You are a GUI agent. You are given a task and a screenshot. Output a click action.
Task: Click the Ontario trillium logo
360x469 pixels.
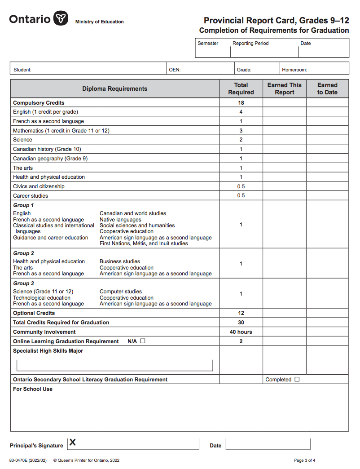(61, 19)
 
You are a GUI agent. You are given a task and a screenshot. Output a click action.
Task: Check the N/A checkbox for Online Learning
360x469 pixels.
(143, 341)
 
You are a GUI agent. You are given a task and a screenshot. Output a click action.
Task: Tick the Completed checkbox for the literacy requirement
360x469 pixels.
(297, 379)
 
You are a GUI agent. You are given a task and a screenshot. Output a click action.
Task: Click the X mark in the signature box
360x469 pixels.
(73, 442)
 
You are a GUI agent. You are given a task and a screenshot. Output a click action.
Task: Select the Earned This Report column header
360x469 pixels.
(284, 88)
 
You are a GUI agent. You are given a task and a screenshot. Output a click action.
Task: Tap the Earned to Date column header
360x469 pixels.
(327, 88)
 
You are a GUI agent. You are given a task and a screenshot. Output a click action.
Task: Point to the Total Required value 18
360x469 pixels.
(241, 103)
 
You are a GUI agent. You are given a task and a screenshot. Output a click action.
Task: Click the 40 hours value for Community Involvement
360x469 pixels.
(241, 332)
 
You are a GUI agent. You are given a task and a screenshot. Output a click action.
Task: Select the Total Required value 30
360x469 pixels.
(241, 323)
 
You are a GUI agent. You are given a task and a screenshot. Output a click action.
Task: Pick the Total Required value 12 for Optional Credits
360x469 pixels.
(241, 313)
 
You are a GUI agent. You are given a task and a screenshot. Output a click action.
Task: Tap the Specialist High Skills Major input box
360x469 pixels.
(115, 365)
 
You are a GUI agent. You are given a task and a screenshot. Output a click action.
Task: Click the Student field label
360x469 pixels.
(22, 70)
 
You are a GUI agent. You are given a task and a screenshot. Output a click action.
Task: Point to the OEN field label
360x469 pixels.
(175, 70)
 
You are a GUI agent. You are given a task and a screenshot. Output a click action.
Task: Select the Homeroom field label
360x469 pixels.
(294, 70)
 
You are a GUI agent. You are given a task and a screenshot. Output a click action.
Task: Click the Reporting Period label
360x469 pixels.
(250, 44)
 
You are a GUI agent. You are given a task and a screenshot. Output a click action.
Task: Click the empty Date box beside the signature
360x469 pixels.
(268, 444)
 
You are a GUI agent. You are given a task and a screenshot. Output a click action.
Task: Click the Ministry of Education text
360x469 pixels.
(99, 22)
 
